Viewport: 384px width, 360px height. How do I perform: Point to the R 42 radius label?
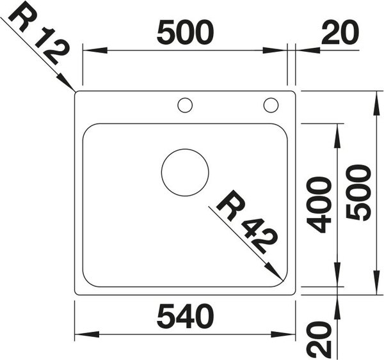(247, 221)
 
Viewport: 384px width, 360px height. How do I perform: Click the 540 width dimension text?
(185, 316)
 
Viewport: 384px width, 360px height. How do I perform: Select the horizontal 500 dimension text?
(185, 33)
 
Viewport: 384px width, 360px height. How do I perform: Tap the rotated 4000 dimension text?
(319, 205)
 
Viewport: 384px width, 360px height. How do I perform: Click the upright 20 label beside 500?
(340, 33)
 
